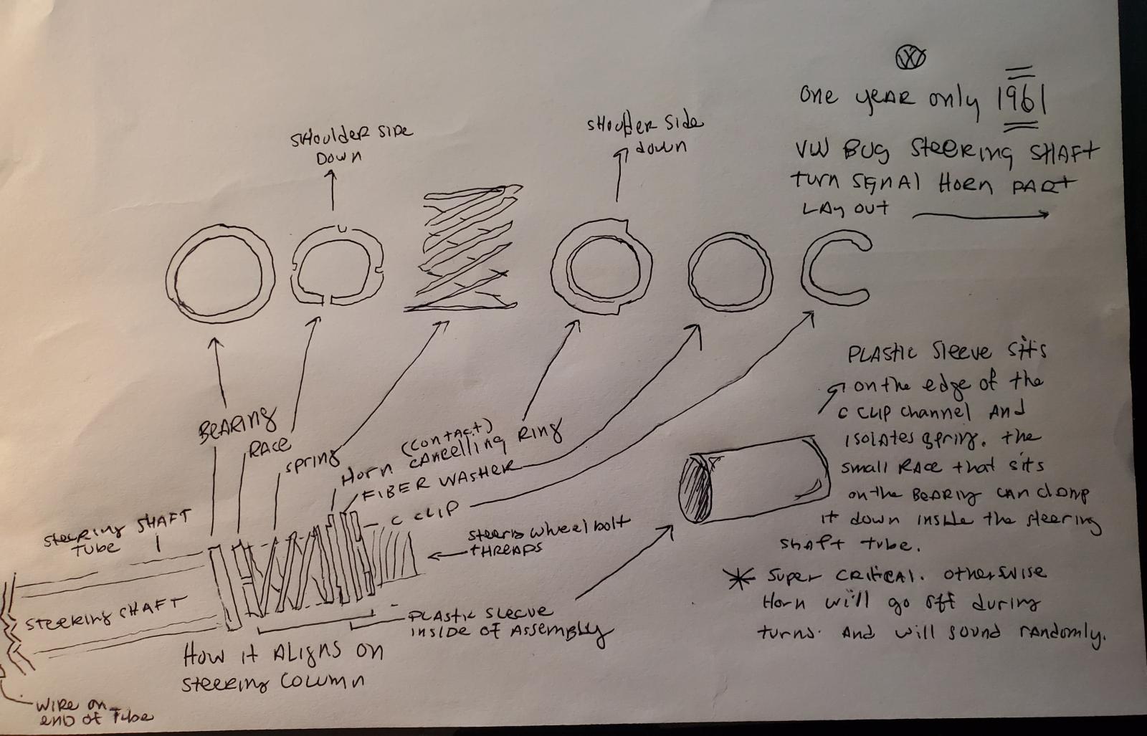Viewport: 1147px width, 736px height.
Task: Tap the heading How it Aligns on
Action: coord(283,654)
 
